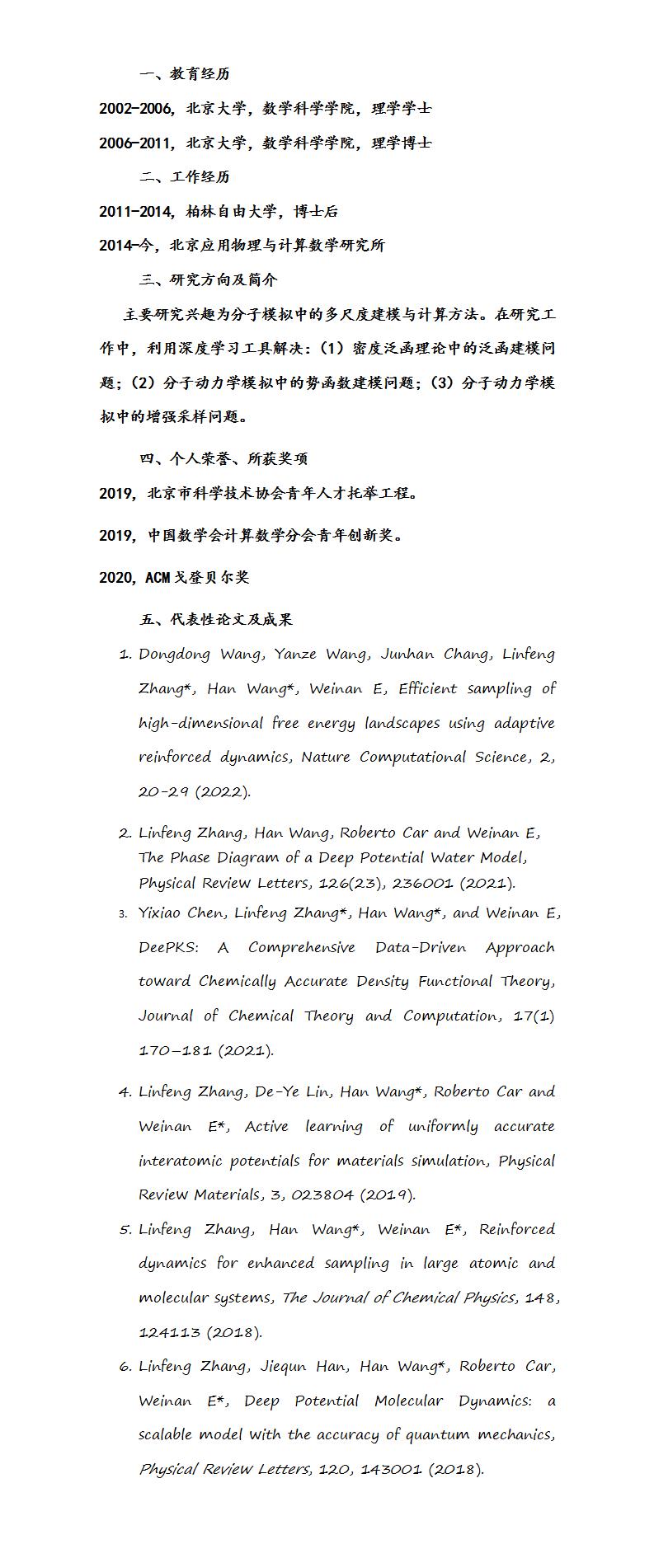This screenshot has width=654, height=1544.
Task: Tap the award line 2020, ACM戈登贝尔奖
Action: pos(174,578)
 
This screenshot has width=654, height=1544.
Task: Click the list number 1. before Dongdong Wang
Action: pos(125,655)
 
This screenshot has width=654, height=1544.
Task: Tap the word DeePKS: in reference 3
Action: pos(168,948)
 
